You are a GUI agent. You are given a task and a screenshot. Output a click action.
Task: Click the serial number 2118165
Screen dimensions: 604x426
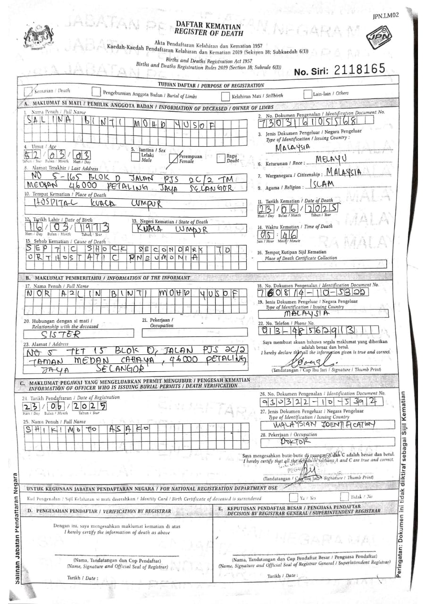point(359,70)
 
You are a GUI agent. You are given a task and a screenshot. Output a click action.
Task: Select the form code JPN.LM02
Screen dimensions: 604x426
point(385,16)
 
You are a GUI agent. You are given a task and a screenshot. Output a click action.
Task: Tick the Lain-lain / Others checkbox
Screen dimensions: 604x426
point(308,93)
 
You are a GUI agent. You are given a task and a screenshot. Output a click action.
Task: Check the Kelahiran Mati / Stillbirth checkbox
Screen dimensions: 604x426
point(226,94)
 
